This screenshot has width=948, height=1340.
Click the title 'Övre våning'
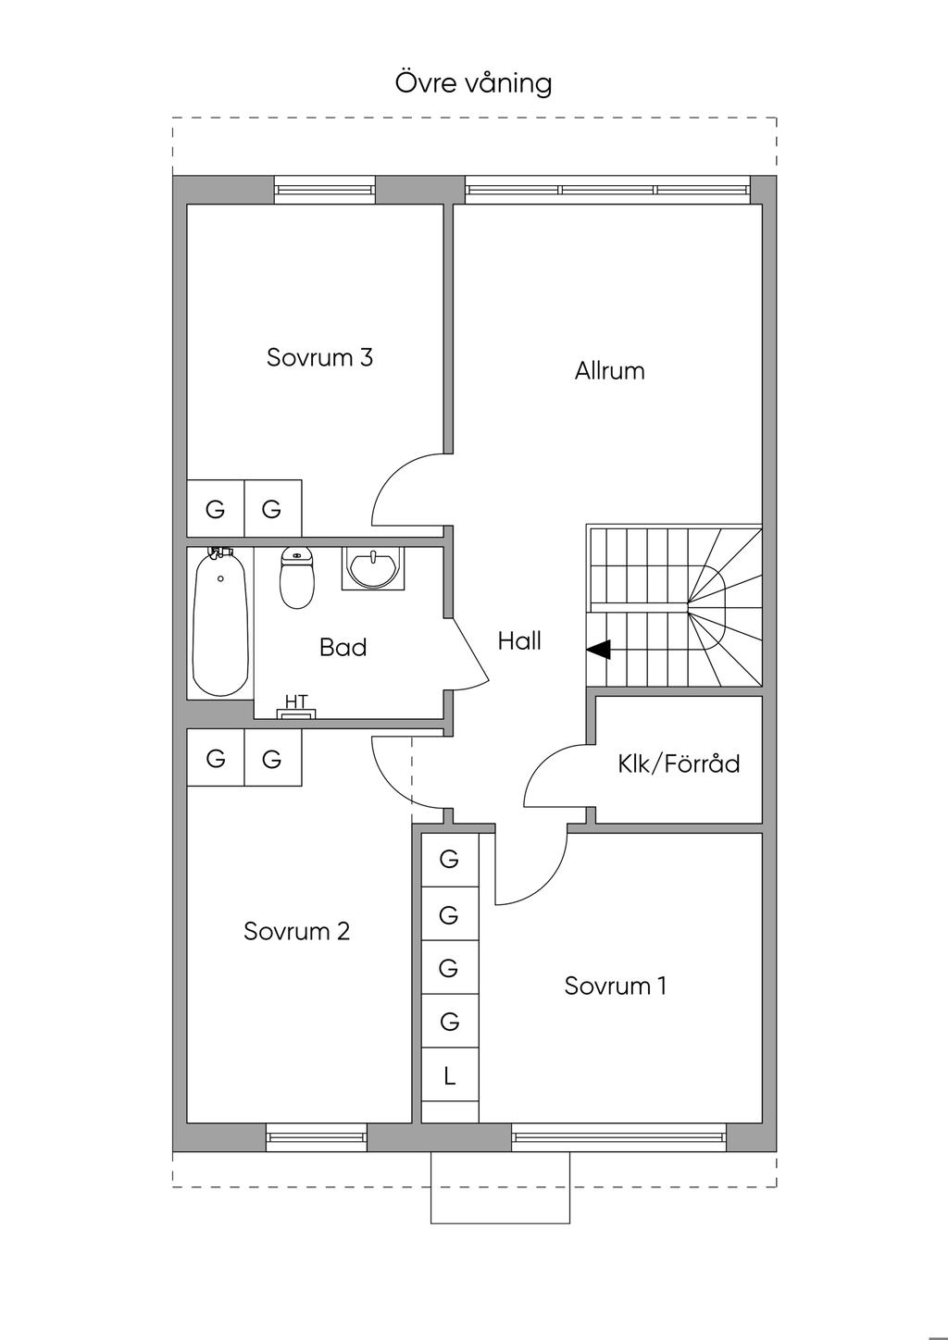473,83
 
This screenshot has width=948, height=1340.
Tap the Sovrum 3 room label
319,357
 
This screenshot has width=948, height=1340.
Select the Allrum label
610,371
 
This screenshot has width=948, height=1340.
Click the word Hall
519,640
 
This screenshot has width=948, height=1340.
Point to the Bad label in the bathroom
343,647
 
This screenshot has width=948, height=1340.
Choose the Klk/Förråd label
679,763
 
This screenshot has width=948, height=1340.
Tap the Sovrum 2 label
296,931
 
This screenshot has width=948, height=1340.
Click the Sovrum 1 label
616,986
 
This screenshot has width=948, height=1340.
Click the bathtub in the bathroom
220,622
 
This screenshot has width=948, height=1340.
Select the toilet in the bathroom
297,577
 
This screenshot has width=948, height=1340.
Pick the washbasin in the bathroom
373,568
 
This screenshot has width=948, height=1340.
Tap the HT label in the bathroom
297,701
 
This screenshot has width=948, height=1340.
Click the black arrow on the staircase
598,649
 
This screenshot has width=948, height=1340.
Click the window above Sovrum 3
325,190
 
